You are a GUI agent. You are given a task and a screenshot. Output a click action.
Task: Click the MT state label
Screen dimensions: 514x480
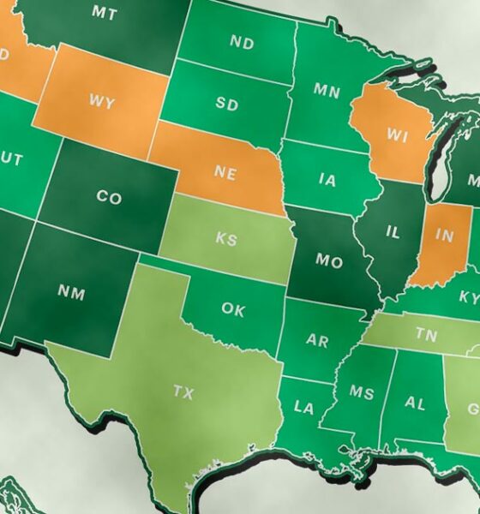tap(104, 13)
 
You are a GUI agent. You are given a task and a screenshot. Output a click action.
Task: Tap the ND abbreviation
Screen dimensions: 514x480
tap(242, 43)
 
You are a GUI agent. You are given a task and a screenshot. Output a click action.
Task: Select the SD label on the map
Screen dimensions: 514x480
tap(226, 105)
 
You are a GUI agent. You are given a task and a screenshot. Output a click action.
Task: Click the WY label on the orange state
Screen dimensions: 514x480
tap(100, 101)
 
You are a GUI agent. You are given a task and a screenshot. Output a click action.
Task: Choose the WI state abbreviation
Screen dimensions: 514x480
tap(396, 134)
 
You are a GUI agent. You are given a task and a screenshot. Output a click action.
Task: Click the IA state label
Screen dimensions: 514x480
tap(327, 180)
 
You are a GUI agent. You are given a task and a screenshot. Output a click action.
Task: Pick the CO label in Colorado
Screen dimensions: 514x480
tap(109, 198)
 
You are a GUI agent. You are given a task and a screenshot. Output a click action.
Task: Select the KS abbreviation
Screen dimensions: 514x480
tap(226, 240)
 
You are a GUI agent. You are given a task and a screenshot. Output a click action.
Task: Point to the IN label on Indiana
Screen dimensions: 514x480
tap(445, 236)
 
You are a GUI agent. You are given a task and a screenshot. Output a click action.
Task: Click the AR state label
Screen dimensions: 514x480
tap(317, 341)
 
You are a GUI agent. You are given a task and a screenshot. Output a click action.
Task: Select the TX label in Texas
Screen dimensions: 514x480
tap(183, 392)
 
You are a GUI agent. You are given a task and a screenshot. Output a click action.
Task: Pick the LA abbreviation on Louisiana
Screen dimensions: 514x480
tap(303, 408)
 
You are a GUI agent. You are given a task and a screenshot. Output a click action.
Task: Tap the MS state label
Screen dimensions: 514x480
tap(361, 392)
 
